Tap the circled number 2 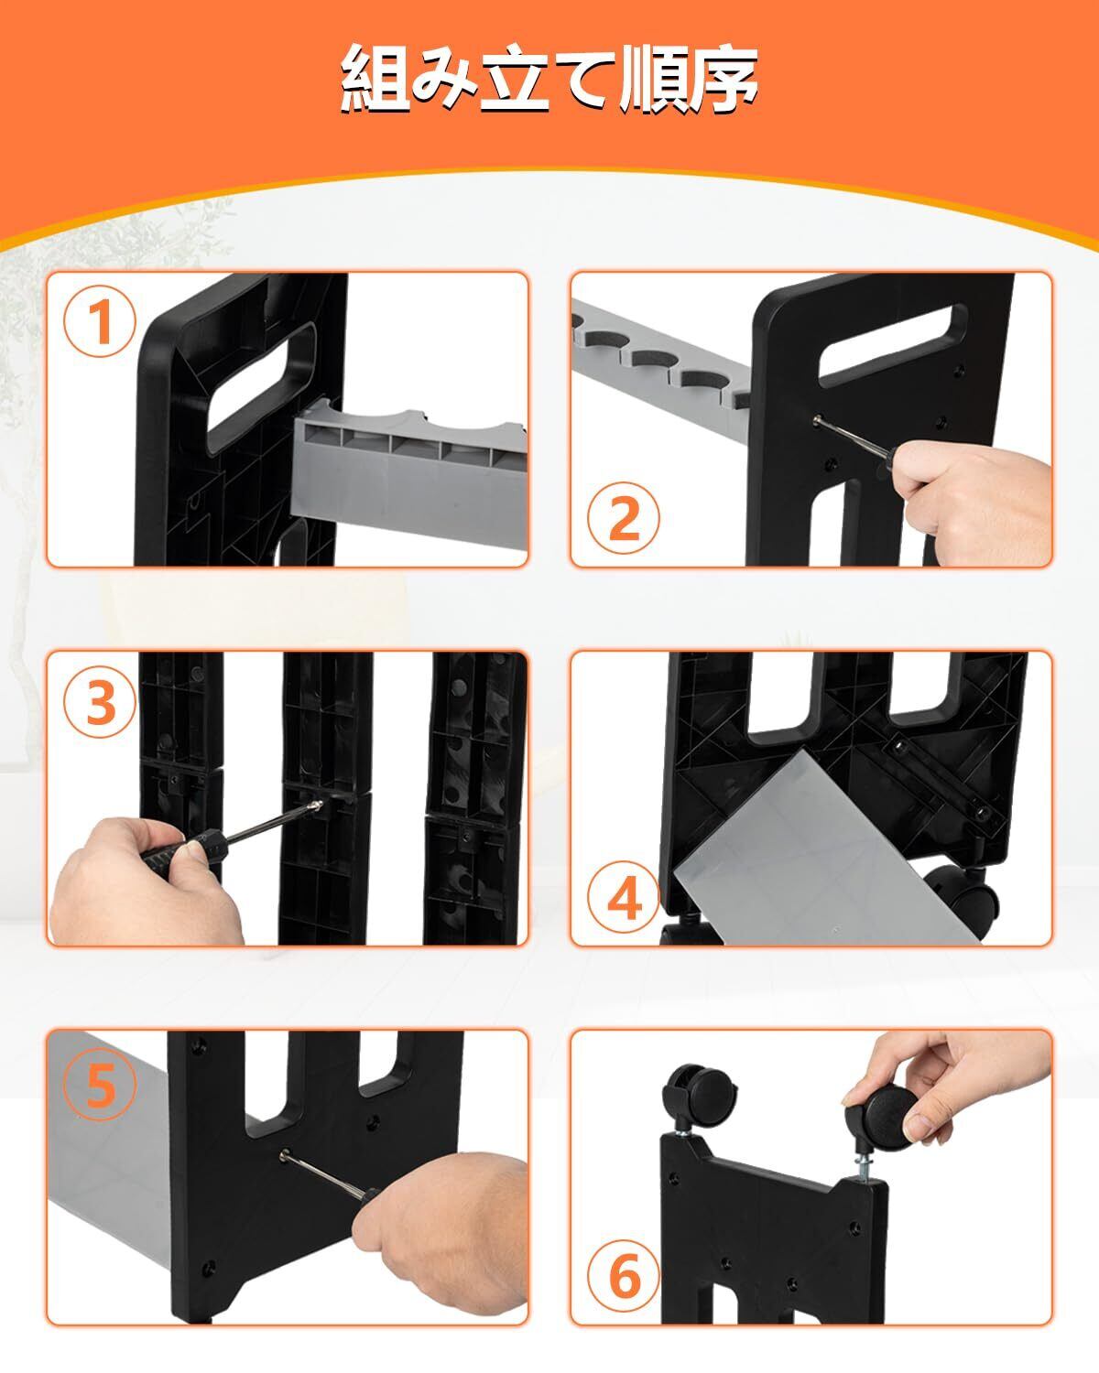point(624,517)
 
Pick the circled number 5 point(100,1084)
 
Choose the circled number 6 point(624,1277)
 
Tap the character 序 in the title point(722,79)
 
